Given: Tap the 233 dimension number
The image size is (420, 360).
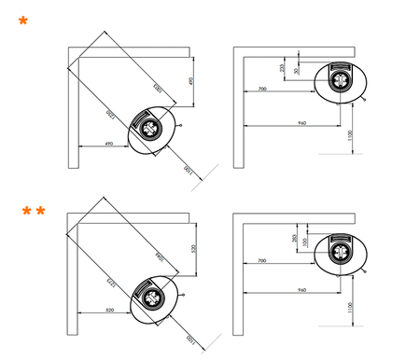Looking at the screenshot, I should click(x=282, y=68).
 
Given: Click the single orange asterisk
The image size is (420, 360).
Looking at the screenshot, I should click(x=22, y=20).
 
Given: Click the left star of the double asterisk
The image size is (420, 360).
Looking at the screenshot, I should click(x=28, y=213).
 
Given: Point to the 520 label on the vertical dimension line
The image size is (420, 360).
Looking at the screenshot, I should click(x=192, y=250).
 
